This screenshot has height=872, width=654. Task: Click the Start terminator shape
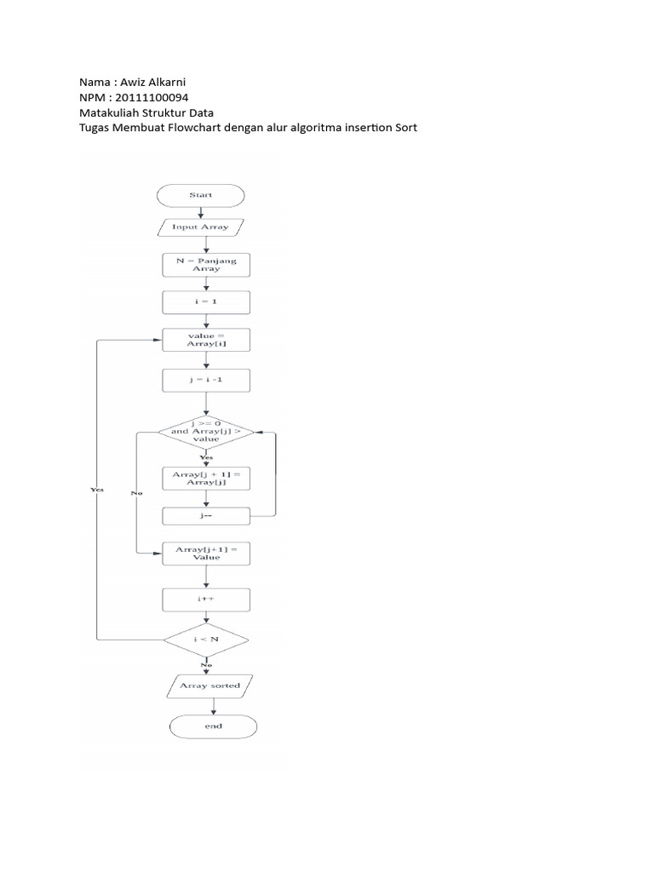201,195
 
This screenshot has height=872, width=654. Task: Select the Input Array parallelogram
201,227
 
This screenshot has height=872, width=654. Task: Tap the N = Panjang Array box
206,265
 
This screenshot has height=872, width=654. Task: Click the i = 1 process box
206,302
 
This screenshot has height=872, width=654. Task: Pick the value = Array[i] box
206,340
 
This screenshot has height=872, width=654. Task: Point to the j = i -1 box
206,381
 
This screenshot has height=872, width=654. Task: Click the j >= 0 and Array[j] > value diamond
206,432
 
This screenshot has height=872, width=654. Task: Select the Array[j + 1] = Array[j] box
206,479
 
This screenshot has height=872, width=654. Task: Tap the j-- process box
206,516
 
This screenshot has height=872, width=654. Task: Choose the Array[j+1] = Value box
206,554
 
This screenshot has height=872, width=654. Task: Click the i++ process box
206,599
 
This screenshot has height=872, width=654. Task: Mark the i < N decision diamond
206,640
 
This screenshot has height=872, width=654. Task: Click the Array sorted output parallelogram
209,686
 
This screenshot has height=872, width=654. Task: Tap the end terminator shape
213,726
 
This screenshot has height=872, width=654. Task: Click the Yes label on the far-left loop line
97,490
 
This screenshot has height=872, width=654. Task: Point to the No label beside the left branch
137,493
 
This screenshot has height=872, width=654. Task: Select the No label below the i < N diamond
206,665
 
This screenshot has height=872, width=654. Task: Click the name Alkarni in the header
167,83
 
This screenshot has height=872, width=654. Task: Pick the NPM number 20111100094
152,97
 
